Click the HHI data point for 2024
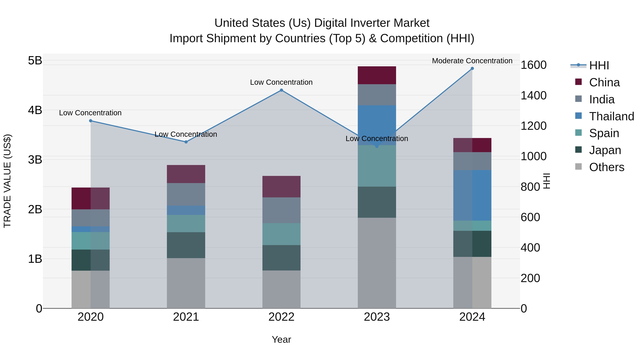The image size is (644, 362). click(x=472, y=68)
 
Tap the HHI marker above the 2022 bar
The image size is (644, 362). click(x=281, y=90)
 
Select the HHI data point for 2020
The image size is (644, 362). click(x=91, y=121)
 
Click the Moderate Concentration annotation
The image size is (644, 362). click(x=472, y=61)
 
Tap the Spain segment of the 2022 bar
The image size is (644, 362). click(x=281, y=234)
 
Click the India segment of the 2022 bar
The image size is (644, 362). click(x=281, y=210)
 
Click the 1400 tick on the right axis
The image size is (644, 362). click(x=533, y=95)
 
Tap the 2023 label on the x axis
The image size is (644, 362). click(x=377, y=317)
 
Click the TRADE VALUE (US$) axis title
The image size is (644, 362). click(x=8, y=181)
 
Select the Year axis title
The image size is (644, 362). click(x=281, y=339)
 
